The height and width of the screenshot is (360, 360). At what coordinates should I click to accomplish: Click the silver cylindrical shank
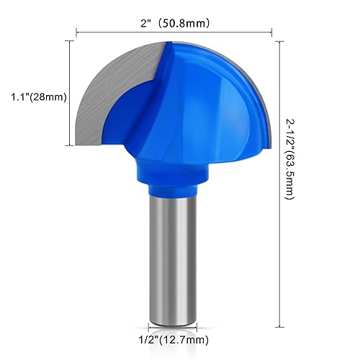point(175,259)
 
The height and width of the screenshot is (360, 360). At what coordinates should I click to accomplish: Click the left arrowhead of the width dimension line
point(78,32)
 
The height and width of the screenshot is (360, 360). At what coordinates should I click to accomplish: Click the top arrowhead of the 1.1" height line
point(68,42)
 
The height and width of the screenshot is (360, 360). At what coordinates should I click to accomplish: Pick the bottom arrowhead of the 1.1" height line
point(68,144)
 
